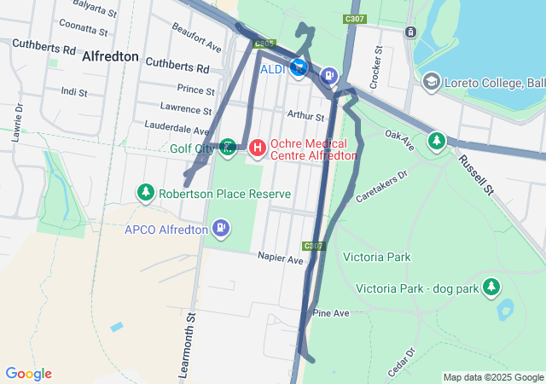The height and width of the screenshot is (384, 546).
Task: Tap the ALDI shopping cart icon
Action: pos(298,68)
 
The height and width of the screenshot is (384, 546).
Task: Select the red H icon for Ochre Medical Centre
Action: pos(256,148)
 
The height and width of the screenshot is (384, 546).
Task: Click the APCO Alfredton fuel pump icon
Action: pos(222,229)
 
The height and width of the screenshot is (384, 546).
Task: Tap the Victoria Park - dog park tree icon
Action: pos(491,288)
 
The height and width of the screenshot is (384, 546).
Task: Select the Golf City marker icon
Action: pos(228,148)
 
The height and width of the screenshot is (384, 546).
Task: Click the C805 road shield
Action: pos(264,43)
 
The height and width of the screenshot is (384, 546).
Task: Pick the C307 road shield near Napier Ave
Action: pos(313,246)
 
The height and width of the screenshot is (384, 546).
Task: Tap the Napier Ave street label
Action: pos(282,259)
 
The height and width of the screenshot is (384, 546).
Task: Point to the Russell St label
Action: pos(475,173)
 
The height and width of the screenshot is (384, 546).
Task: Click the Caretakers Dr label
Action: pos(382,184)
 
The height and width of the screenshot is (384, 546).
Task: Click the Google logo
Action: pos(28,374)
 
